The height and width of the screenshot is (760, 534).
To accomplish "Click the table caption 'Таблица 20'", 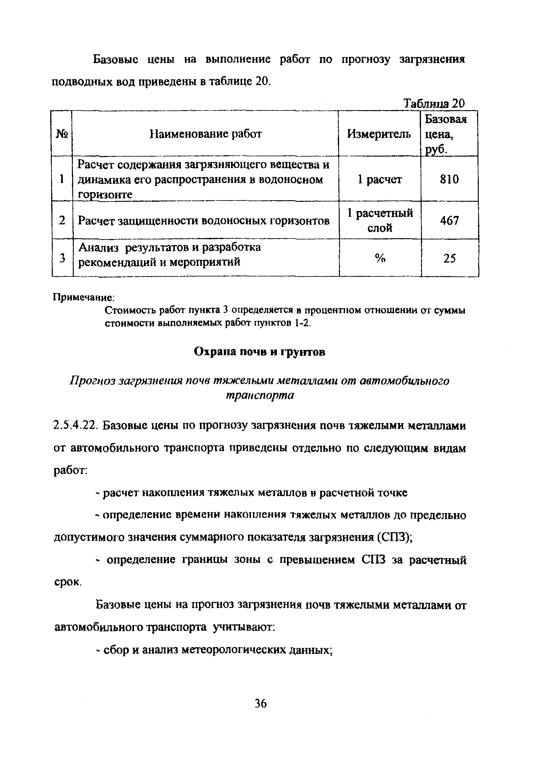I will point(434,104).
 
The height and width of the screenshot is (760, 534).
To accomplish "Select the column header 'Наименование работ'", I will point(206,134).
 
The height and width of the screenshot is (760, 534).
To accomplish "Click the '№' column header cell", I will point(62,134).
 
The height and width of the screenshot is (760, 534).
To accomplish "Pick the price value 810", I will point(450,179).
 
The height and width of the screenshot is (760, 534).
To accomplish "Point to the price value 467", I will point(450,221).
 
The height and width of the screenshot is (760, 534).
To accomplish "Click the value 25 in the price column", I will point(450,258).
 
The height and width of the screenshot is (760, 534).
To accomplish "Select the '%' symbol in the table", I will point(380,258).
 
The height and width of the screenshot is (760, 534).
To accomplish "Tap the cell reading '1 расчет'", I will point(380,179).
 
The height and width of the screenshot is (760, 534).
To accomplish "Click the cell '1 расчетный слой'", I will point(380,221).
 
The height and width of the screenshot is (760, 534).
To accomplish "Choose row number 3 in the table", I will point(62,258).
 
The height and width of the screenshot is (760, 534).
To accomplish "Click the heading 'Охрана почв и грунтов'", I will point(260,352).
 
